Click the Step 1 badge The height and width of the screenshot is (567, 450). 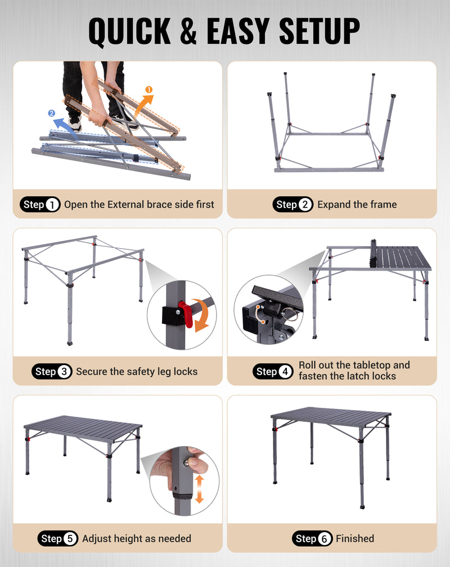(x=40, y=205)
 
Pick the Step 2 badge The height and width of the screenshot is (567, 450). (x=293, y=205)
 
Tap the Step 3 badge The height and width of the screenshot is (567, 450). (x=52, y=371)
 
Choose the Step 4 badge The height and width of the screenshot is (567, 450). (x=273, y=371)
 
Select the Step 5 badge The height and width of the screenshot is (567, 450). (x=58, y=538)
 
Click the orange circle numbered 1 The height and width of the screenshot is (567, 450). (x=149, y=89)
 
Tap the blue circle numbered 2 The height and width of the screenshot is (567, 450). (x=52, y=113)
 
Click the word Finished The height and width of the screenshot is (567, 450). (x=355, y=538)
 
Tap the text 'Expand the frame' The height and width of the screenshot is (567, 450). (x=357, y=205)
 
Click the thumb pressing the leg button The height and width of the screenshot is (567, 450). (x=193, y=462)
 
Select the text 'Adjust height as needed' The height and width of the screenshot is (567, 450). (x=137, y=538)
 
